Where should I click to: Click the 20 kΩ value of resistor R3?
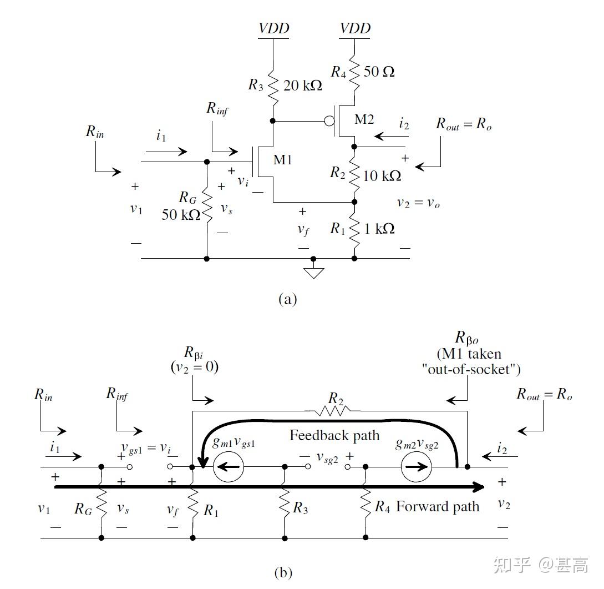(x=303, y=86)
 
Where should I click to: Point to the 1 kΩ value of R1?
(x=380, y=228)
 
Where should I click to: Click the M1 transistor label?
(x=282, y=160)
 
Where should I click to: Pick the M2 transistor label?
(x=364, y=119)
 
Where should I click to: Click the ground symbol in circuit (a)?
(x=313, y=271)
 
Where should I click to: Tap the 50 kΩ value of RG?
(x=181, y=215)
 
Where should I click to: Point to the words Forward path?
(x=437, y=506)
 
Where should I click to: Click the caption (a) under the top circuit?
(x=287, y=300)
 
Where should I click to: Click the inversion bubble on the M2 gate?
(x=329, y=120)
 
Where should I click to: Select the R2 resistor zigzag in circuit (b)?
(x=332, y=411)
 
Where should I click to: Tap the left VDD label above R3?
(x=274, y=28)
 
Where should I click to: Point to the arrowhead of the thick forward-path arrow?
(x=478, y=487)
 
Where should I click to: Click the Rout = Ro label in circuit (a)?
(x=464, y=124)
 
